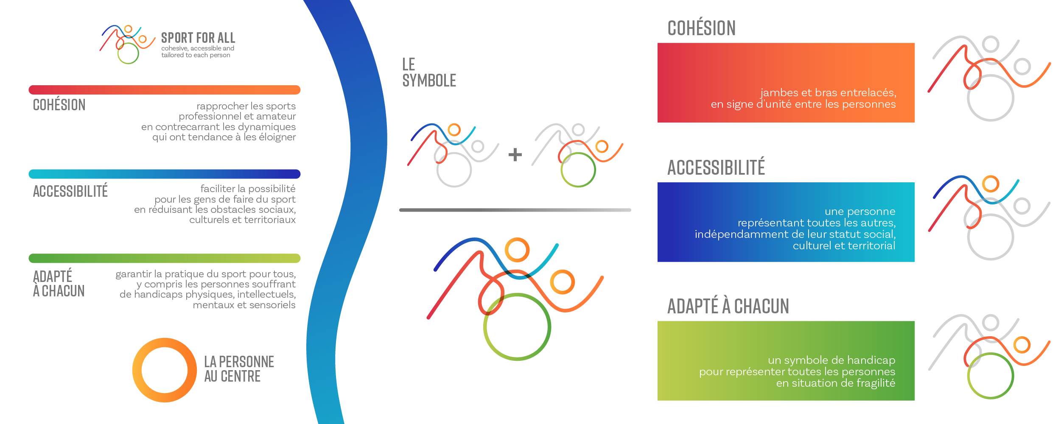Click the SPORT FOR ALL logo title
pyautogui.click(x=198, y=38)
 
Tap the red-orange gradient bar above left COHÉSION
pyautogui.click(x=165, y=90)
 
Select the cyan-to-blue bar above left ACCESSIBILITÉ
pyautogui.click(x=165, y=174)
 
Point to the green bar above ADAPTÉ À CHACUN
pyautogui.click(x=165, y=258)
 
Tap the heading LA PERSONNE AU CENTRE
pyautogui.click(x=239, y=369)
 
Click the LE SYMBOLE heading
pyautogui.click(x=429, y=73)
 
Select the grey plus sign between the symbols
pyautogui.click(x=515, y=154)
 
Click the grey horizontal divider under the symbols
pyautogui.click(x=515, y=210)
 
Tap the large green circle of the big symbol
pyautogui.click(x=485, y=327)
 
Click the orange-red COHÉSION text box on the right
pyautogui.click(x=786, y=83)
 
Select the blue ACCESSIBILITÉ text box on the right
pyautogui.click(x=786, y=222)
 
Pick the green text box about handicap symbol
pyautogui.click(x=786, y=361)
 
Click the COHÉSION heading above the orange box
pyautogui.click(x=702, y=28)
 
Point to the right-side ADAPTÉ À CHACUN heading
pyautogui.click(x=728, y=306)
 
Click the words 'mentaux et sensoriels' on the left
pyautogui.click(x=244, y=305)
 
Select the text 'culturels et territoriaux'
pyautogui.click(x=242, y=220)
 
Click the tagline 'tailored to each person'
pyautogui.click(x=196, y=55)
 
